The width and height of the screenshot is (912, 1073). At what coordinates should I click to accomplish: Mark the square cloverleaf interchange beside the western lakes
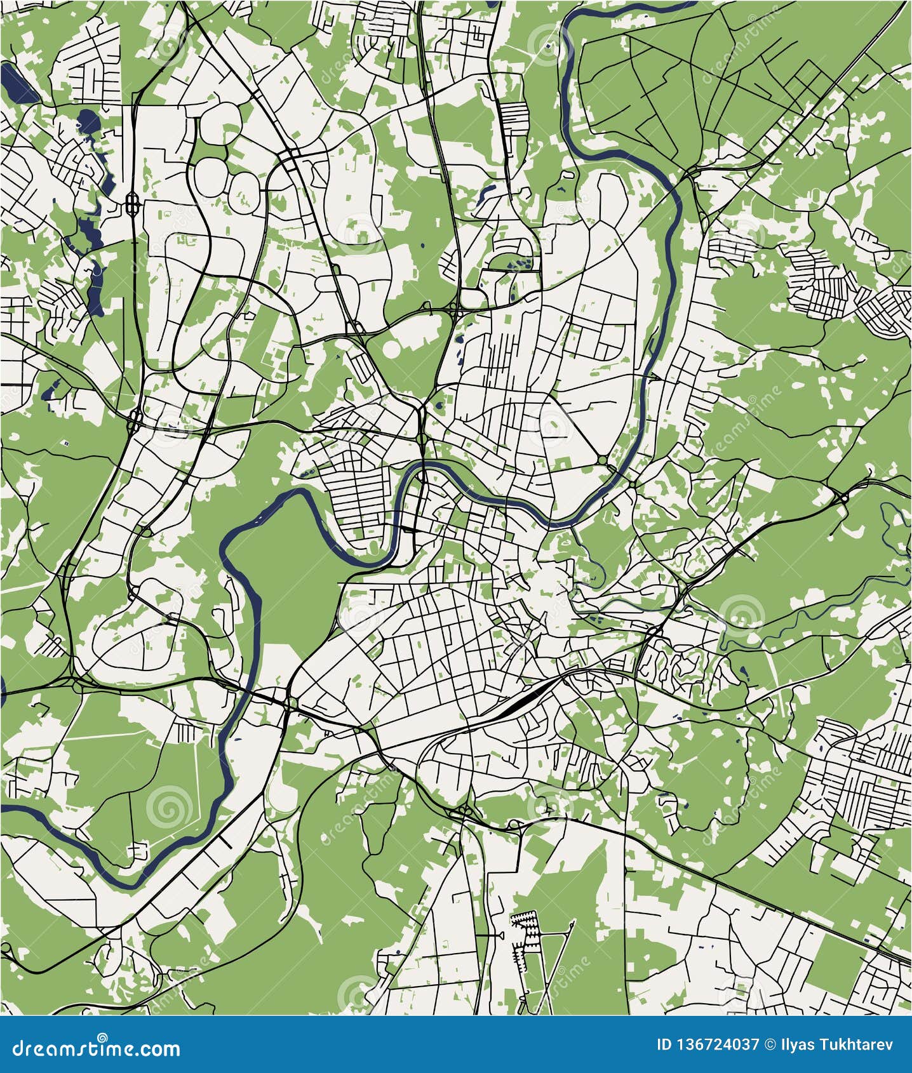click(x=133, y=203)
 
